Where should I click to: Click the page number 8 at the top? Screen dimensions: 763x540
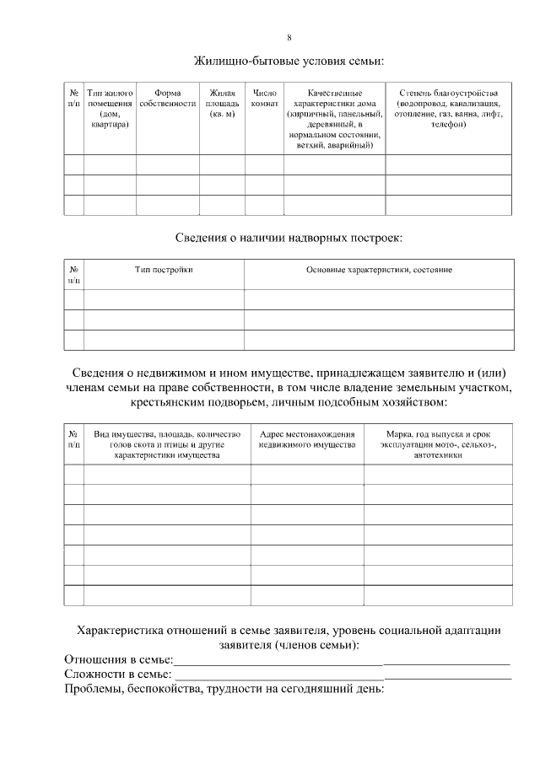289,38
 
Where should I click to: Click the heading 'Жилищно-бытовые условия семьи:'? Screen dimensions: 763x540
289,62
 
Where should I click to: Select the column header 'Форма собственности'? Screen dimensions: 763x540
167,97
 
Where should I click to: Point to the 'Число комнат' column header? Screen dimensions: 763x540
263,97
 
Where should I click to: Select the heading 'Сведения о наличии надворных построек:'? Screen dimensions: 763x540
289,237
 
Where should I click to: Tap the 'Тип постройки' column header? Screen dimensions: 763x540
164,270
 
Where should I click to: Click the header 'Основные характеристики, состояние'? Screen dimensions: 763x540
379,270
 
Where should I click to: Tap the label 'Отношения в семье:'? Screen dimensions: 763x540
118,658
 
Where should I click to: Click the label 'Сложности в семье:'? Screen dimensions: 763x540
117,674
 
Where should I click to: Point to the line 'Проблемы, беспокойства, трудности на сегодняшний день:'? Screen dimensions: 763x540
224,690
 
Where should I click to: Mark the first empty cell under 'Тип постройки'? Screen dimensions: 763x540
164,299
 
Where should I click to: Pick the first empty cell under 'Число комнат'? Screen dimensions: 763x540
263,164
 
